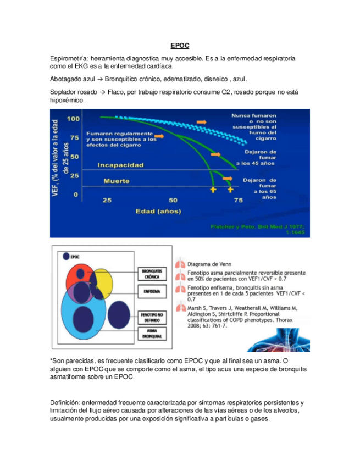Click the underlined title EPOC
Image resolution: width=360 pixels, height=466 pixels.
click(179, 46)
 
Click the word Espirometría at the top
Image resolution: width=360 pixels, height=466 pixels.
click(68, 58)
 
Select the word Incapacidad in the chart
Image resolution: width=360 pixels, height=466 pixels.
click(120, 164)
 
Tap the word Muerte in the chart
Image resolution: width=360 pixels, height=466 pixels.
click(116, 180)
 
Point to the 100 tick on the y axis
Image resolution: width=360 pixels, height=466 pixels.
click(73, 119)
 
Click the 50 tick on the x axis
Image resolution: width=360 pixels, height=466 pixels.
click(173, 200)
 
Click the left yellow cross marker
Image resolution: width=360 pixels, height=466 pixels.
click(213, 190)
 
